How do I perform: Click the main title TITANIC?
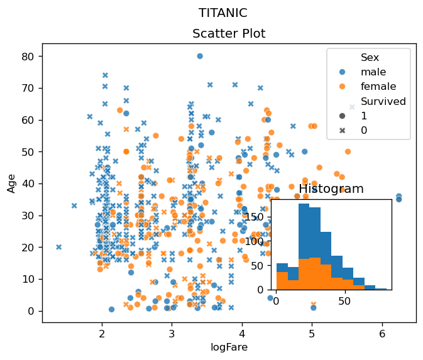click(222, 13)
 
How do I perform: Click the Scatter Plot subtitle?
click(229, 33)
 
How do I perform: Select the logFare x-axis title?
click(229, 347)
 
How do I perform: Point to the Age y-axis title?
click(11, 183)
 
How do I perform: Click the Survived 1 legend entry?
click(364, 116)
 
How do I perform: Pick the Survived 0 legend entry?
click(364, 130)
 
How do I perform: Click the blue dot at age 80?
click(200, 56)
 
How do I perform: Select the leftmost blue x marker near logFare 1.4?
click(59, 247)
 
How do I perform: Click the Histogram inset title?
click(331, 189)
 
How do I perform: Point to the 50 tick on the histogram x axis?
click(344, 300)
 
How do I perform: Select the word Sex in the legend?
click(370, 58)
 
